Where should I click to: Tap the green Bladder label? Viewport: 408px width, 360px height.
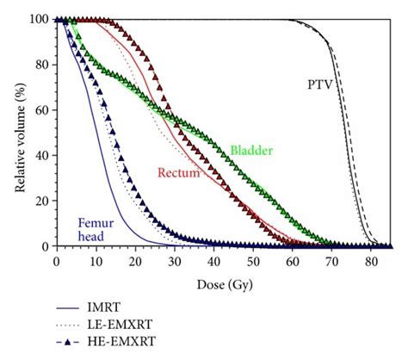(250, 151)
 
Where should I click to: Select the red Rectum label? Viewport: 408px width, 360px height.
(179, 173)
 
